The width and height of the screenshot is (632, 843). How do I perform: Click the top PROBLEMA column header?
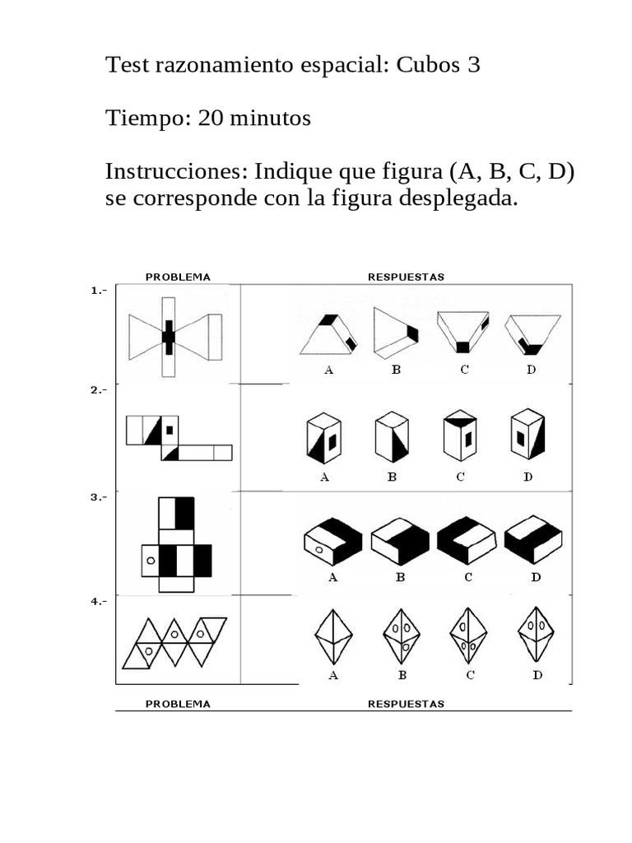[178, 277]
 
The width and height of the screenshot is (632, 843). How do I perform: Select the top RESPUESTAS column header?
[406, 277]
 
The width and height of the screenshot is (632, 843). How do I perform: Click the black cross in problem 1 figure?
[169, 337]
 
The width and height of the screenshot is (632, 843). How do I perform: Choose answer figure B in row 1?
[395, 333]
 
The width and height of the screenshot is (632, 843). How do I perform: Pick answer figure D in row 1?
[532, 333]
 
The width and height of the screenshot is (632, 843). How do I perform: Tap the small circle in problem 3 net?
[150, 561]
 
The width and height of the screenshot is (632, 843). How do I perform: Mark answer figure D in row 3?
[534, 541]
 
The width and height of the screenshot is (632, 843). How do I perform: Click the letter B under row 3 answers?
[400, 577]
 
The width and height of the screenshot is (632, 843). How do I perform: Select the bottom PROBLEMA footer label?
[178, 704]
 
